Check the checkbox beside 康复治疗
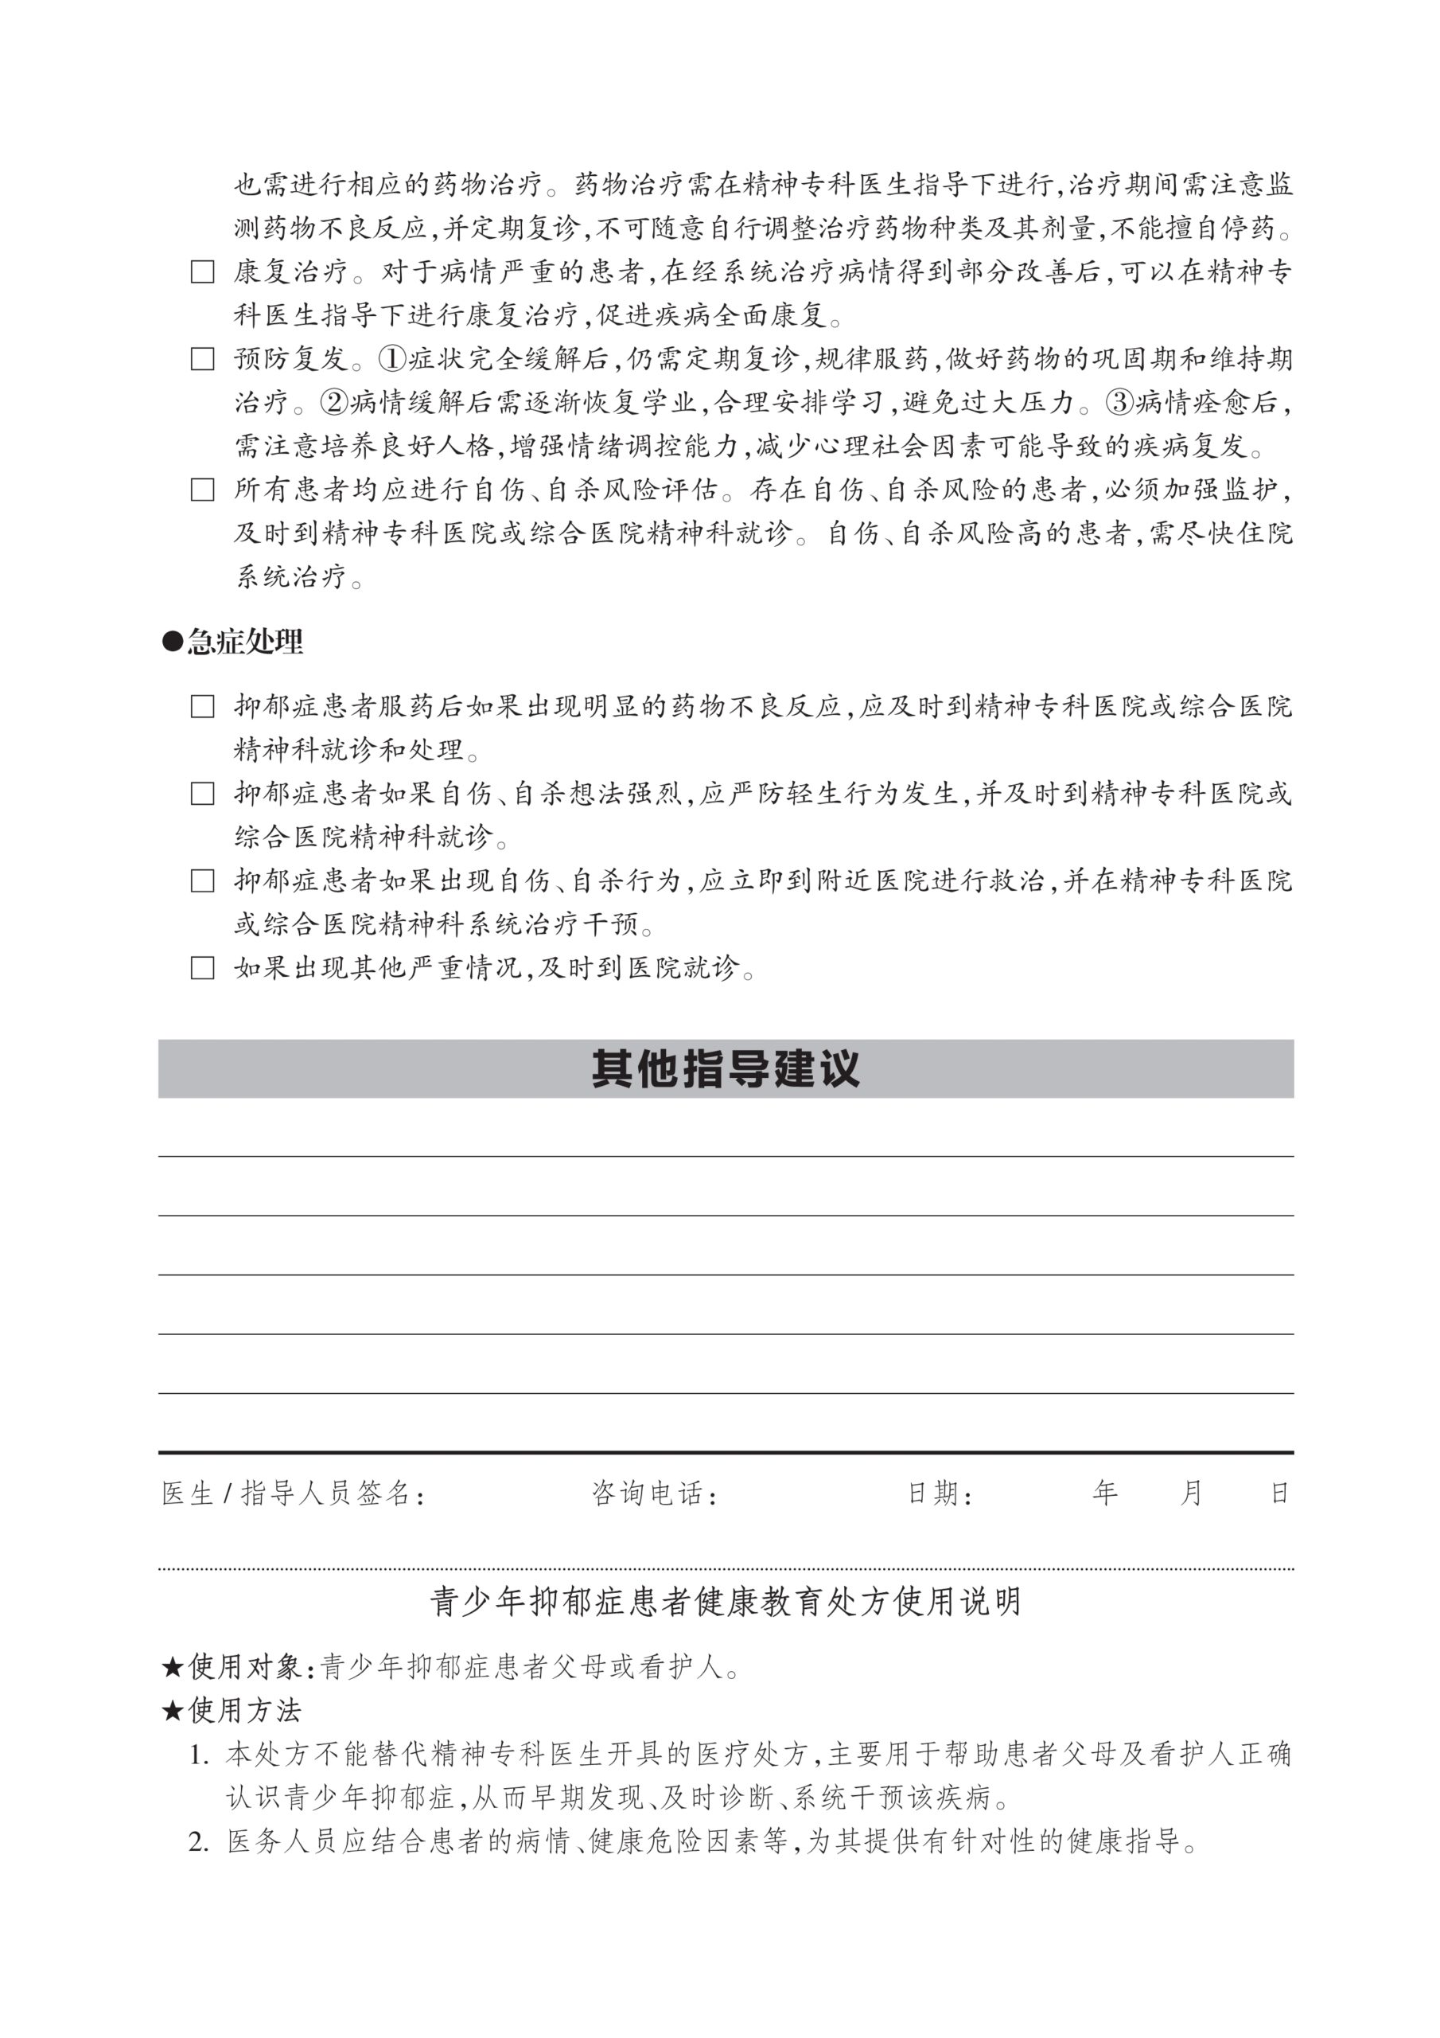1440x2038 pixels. (x=202, y=271)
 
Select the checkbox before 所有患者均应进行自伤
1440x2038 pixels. (x=202, y=490)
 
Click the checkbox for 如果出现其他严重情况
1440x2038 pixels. (x=202, y=967)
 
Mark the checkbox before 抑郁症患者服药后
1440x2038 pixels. (x=202, y=707)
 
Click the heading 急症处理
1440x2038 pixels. (x=245, y=641)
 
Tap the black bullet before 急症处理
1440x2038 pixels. (x=171, y=641)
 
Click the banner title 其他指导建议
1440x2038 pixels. (x=725, y=1068)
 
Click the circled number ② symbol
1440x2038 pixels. (x=333, y=403)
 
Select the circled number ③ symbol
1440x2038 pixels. (x=1119, y=403)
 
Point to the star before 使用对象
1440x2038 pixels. (x=171, y=1667)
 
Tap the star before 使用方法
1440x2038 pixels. (x=171, y=1711)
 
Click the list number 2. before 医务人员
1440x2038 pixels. (x=199, y=1842)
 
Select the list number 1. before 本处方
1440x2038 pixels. (x=199, y=1755)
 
